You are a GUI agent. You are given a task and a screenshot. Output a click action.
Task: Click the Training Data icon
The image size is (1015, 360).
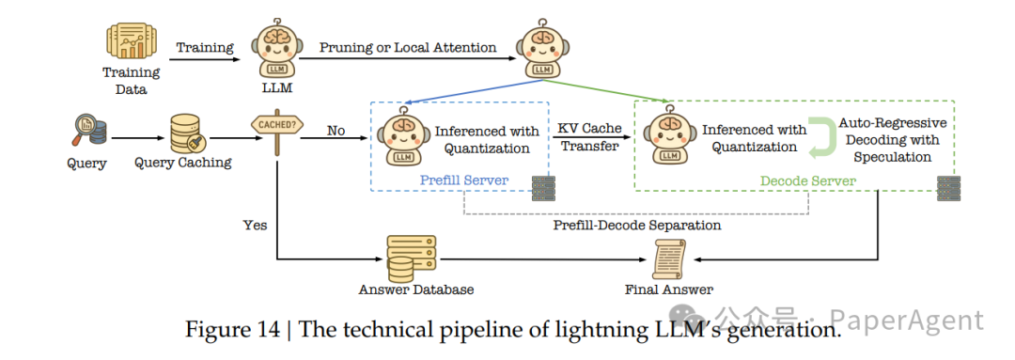[132, 42]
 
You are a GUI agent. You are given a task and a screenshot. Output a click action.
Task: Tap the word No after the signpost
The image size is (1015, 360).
[336, 131]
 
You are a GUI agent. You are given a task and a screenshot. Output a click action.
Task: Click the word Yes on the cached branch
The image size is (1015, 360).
[255, 225]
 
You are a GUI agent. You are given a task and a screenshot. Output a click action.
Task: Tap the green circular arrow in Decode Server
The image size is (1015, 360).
[822, 136]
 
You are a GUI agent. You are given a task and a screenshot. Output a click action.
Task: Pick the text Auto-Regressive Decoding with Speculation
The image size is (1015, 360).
[892, 139]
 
